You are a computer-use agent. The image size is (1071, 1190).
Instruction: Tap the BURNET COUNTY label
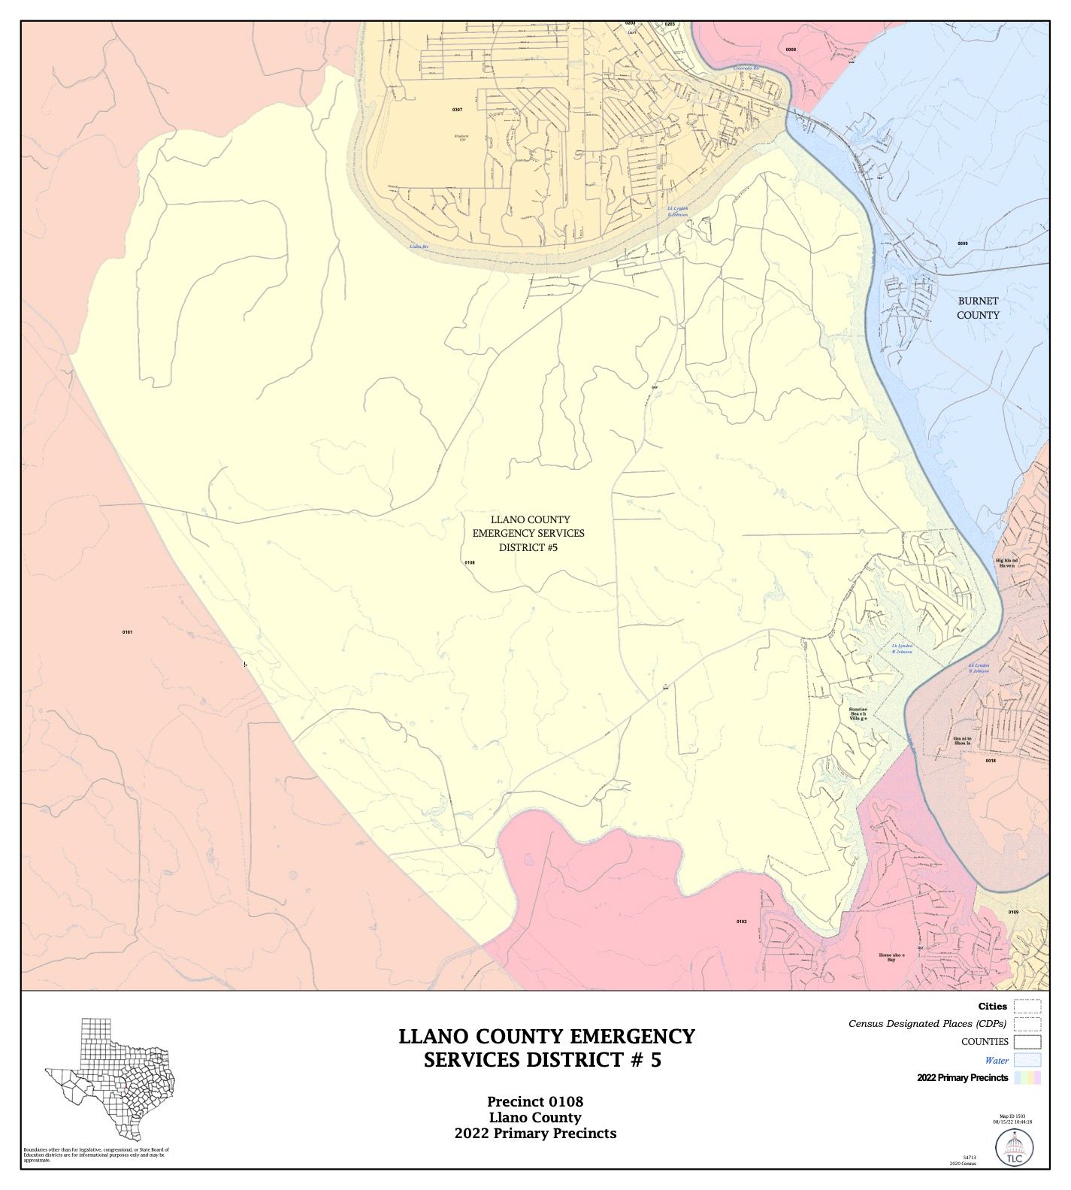pyautogui.click(x=978, y=307)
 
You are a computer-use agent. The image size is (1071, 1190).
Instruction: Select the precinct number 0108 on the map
pyautogui.click(x=470, y=562)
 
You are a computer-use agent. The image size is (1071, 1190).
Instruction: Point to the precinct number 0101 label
pyautogui.click(x=127, y=632)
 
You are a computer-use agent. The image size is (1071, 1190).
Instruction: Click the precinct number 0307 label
pyautogui.click(x=457, y=110)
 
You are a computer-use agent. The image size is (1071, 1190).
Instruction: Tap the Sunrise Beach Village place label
pyautogui.click(x=858, y=714)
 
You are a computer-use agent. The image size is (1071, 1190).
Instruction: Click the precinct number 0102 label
pyautogui.click(x=741, y=921)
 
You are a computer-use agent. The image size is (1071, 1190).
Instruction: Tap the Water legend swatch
pyautogui.click(x=1027, y=1060)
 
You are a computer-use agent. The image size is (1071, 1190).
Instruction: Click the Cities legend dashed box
pyautogui.click(x=1027, y=1007)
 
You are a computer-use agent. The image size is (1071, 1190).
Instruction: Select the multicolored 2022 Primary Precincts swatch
pyautogui.click(x=1027, y=1078)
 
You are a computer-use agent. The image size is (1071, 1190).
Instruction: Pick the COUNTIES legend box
pyautogui.click(x=1027, y=1042)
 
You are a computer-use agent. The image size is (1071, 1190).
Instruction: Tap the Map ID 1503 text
pyautogui.click(x=1015, y=1116)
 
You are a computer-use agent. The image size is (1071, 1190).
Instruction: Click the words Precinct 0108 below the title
pyautogui.click(x=534, y=1102)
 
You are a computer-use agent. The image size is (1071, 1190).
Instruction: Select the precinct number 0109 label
pyautogui.click(x=1013, y=912)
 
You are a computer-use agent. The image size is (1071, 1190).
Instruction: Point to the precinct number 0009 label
pyautogui.click(x=963, y=244)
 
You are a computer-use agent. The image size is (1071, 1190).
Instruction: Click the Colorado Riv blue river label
pyautogui.click(x=747, y=68)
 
